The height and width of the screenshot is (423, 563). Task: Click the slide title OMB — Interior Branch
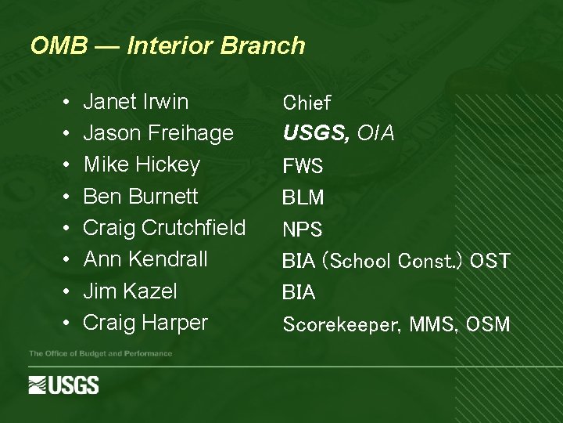click(167, 45)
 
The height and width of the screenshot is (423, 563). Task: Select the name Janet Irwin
click(135, 102)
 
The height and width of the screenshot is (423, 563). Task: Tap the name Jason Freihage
click(158, 133)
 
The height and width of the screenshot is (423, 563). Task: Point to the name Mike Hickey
click(142, 164)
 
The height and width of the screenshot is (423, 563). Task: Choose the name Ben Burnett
click(141, 196)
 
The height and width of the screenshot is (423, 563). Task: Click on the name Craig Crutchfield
click(164, 228)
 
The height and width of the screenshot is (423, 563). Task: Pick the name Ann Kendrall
click(145, 259)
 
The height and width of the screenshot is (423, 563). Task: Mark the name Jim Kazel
click(130, 291)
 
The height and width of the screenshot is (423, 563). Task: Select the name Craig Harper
click(145, 322)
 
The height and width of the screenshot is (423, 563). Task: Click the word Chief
click(307, 103)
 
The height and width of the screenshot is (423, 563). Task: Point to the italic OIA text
click(375, 134)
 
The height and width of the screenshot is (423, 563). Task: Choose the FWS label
click(303, 167)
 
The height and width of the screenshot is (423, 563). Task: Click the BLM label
click(303, 198)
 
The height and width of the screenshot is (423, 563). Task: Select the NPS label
click(302, 230)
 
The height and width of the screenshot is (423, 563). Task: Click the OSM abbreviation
click(487, 324)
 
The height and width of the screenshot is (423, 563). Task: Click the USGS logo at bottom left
click(63, 385)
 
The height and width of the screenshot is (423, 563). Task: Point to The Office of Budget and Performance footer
click(100, 354)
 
